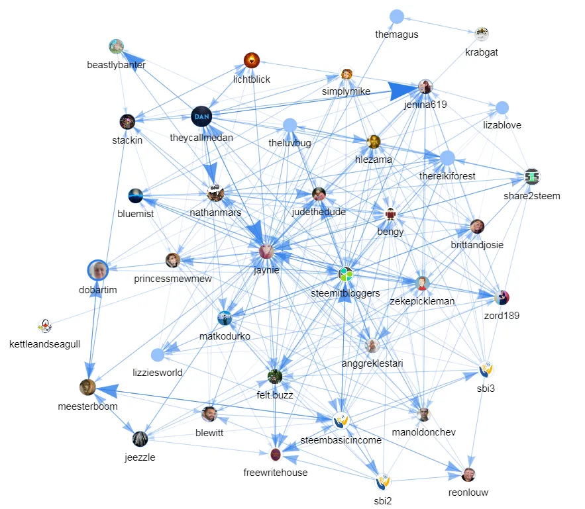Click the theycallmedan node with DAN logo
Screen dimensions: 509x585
(202, 117)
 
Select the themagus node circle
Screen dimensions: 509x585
(397, 17)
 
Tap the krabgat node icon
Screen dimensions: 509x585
(482, 34)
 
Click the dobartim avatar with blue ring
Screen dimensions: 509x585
(98, 270)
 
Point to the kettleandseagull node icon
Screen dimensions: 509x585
(45, 326)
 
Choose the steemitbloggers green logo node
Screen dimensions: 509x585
(345, 273)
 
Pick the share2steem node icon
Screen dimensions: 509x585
(532, 177)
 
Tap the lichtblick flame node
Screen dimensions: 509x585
(252, 61)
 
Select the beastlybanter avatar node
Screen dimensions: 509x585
(117, 46)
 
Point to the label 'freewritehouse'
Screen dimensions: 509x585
(276, 473)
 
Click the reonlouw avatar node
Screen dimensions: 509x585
(468, 475)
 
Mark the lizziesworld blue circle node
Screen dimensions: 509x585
(157, 355)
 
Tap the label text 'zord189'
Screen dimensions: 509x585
(502, 316)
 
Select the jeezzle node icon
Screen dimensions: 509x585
(140, 438)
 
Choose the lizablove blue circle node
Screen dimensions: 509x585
(502, 107)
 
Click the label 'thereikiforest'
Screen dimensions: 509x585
(447, 175)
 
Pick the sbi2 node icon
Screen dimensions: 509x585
(383, 481)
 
